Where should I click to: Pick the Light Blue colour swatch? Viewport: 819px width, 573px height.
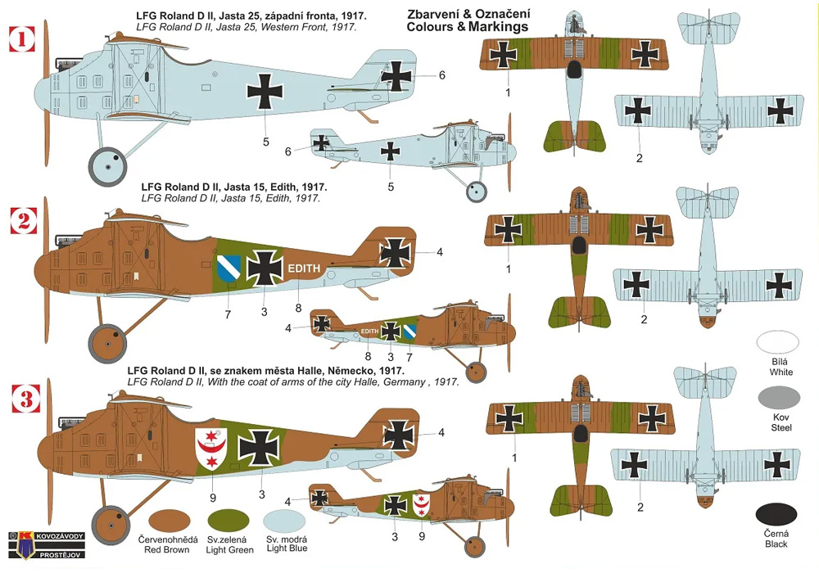284,521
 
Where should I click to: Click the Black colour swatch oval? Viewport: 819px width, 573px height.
776,515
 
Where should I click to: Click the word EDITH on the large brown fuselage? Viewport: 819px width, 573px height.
305,268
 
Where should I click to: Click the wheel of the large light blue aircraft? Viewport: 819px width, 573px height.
107,167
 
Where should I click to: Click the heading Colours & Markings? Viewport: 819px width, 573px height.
467,27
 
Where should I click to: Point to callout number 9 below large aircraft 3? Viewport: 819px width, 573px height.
213,496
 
